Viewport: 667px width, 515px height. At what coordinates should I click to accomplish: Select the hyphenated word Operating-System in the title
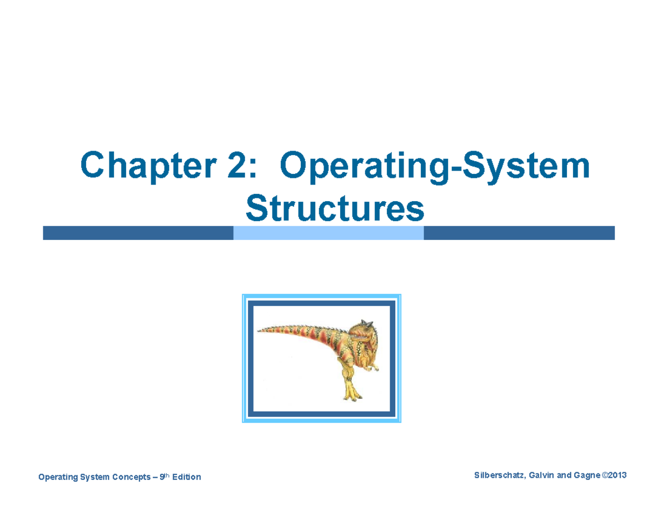tap(434, 167)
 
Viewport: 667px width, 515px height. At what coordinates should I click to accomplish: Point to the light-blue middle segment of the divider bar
tap(328, 233)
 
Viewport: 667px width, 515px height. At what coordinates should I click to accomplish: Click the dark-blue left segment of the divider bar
tap(138, 233)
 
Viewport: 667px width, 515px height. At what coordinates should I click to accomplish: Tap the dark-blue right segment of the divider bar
tap(519, 233)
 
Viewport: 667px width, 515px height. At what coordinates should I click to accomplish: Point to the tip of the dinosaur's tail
tap(259, 329)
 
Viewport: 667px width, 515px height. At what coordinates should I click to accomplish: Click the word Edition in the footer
tap(187, 477)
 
